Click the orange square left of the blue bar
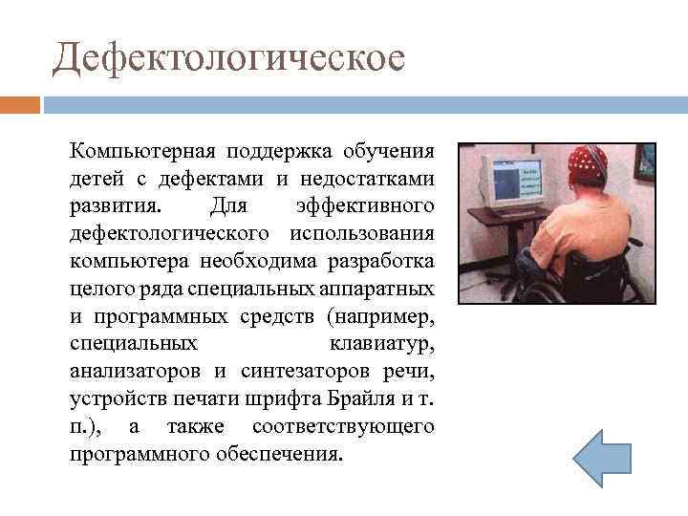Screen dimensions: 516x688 pos(19,104)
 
